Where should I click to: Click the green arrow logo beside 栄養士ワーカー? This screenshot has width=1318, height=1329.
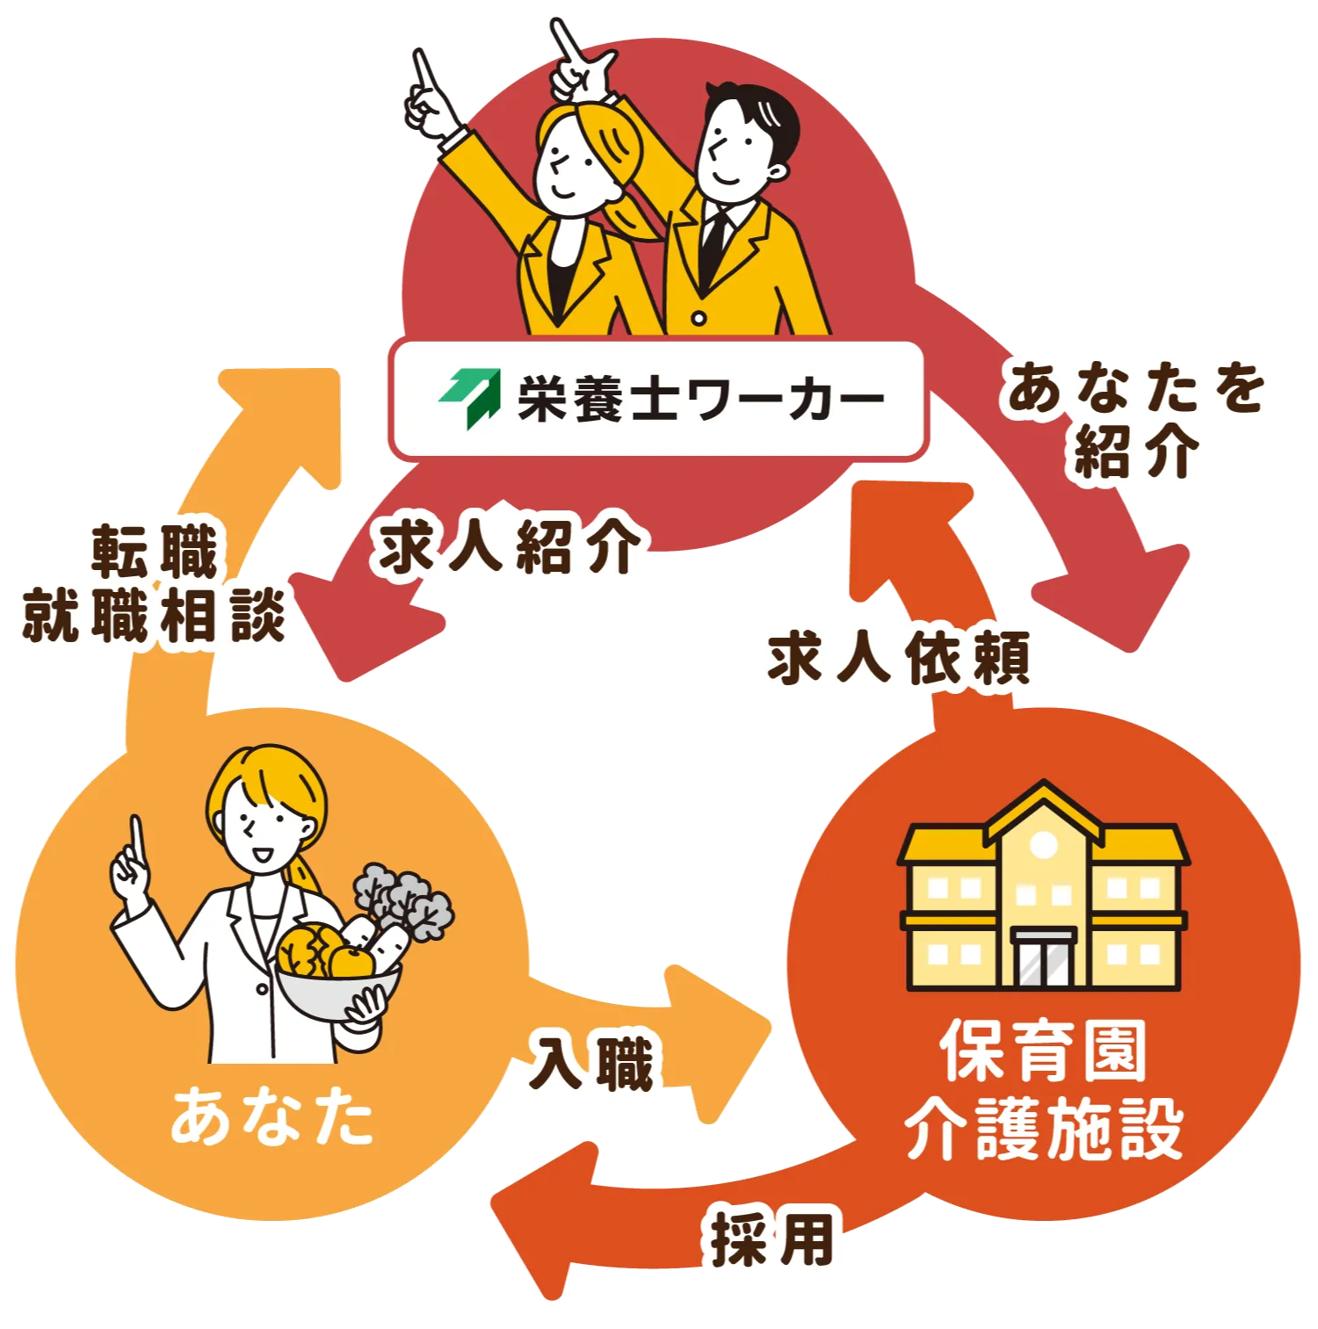[x=470, y=397]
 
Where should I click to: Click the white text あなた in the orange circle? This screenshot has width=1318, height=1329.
[x=272, y=1116]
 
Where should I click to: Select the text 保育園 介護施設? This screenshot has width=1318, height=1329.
[x=1044, y=1089]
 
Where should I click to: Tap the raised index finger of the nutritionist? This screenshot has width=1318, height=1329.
[x=136, y=839]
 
